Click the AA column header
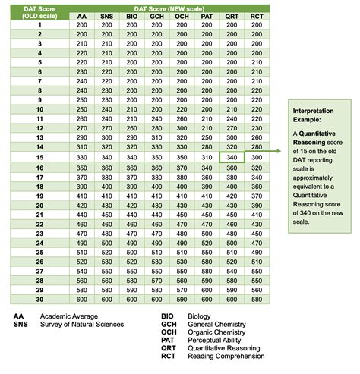pyautogui.click(x=82, y=16)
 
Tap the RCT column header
pyautogui.click(x=256, y=16)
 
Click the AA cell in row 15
pyautogui.click(x=82, y=156)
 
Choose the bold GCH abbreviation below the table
pyautogui.click(x=169, y=324)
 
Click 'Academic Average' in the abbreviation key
pyautogui.click(x=70, y=316)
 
